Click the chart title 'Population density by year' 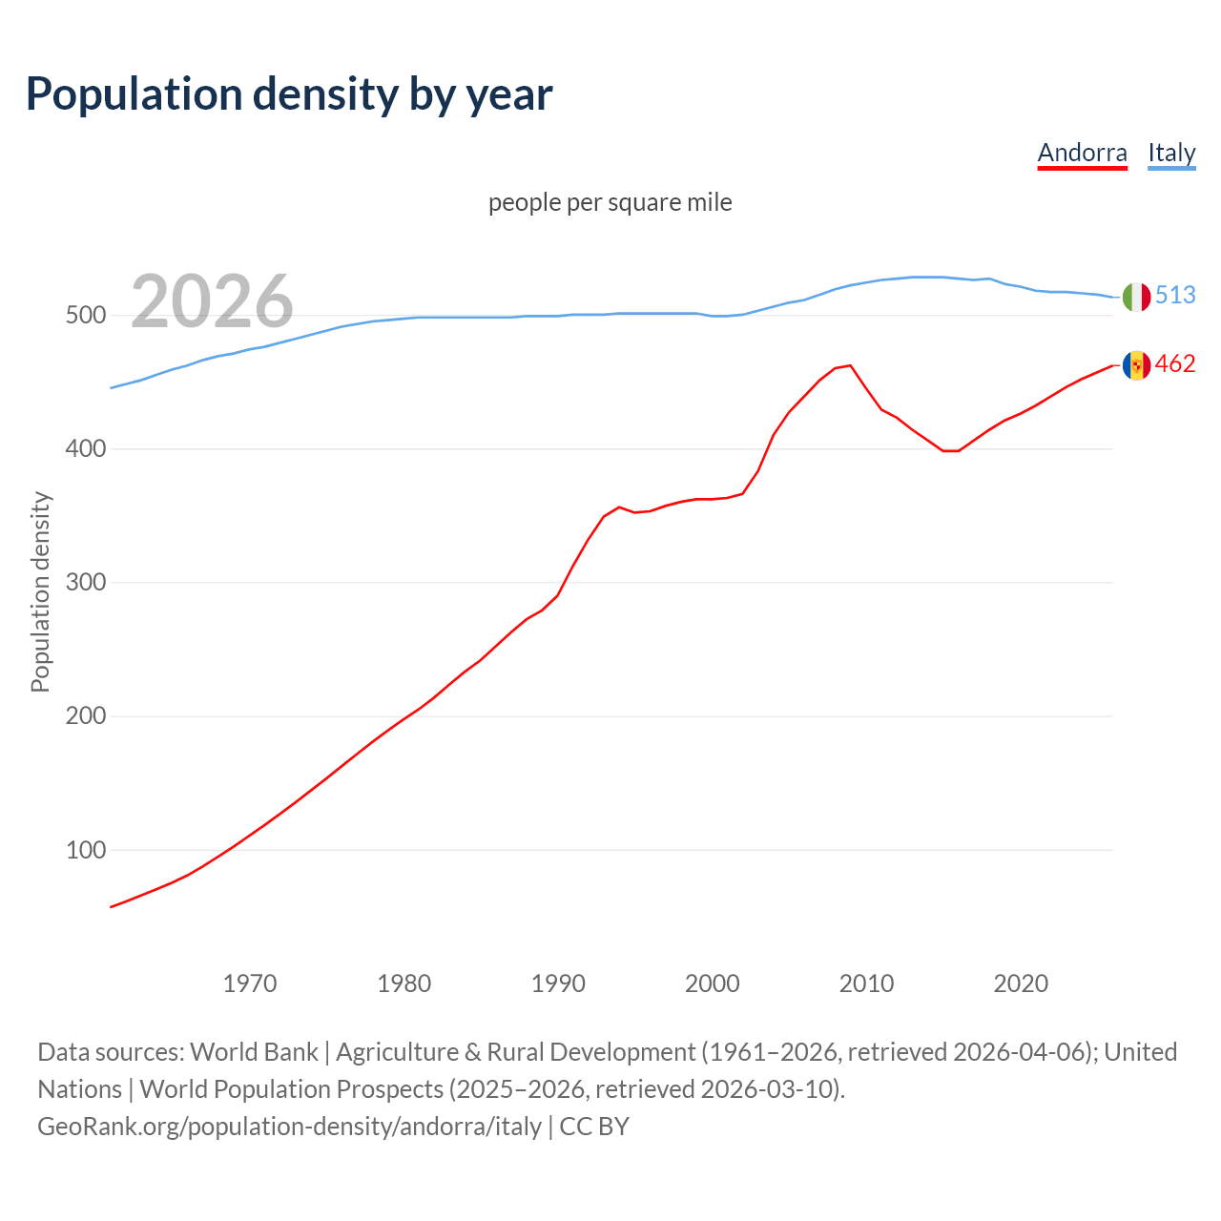click(x=289, y=94)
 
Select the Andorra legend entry click(x=1082, y=153)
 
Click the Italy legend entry click(x=1171, y=153)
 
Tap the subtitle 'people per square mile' click(x=610, y=202)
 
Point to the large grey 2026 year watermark click(x=212, y=301)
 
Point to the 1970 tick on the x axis click(x=250, y=983)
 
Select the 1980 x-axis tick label click(x=404, y=983)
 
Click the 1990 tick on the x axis click(x=558, y=983)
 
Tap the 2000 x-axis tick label click(x=713, y=983)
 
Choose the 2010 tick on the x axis click(x=866, y=983)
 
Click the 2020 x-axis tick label click(x=1021, y=983)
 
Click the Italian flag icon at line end click(x=1136, y=297)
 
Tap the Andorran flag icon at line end click(x=1136, y=364)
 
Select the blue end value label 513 click(x=1175, y=296)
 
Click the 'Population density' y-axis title click(x=40, y=591)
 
